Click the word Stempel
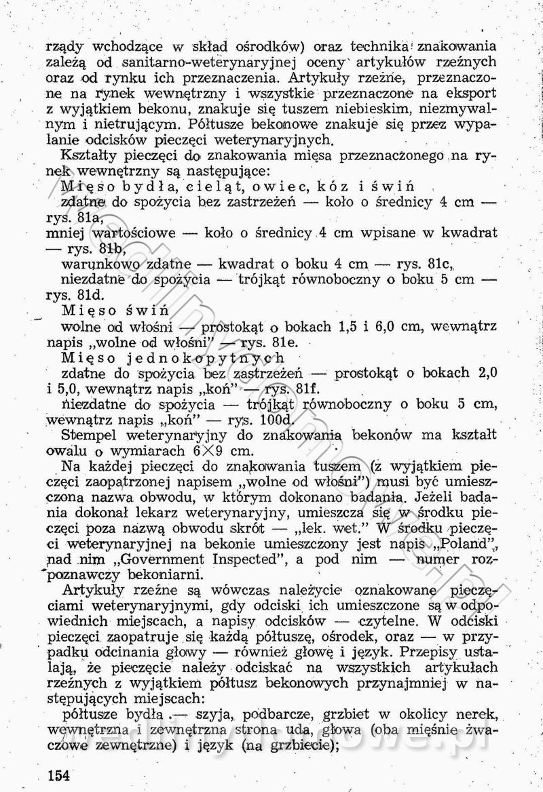[90, 435]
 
